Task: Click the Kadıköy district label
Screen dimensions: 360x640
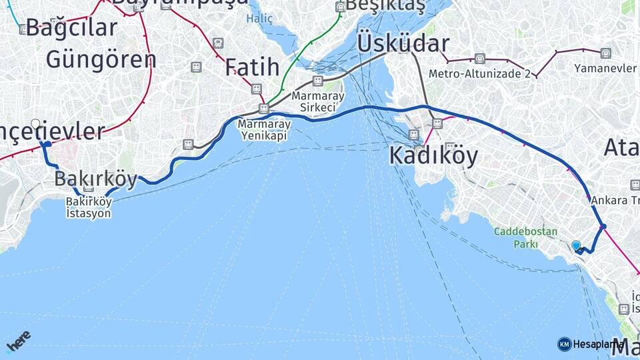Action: (x=433, y=156)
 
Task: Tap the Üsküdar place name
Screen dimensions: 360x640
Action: (x=403, y=43)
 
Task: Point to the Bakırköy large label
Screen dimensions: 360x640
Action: (x=95, y=179)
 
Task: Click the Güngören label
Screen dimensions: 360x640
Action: (x=101, y=59)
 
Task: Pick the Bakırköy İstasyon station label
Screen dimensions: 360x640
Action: (x=88, y=207)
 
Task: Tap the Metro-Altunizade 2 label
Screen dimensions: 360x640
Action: (x=479, y=73)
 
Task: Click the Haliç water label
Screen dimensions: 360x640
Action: (x=259, y=19)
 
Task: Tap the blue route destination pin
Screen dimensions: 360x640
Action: (x=576, y=245)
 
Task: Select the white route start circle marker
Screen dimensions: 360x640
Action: (x=36, y=123)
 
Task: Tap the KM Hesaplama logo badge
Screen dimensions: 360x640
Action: (x=591, y=344)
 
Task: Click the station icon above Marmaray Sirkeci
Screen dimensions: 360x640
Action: (x=318, y=81)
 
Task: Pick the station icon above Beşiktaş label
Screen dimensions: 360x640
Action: (x=341, y=7)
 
